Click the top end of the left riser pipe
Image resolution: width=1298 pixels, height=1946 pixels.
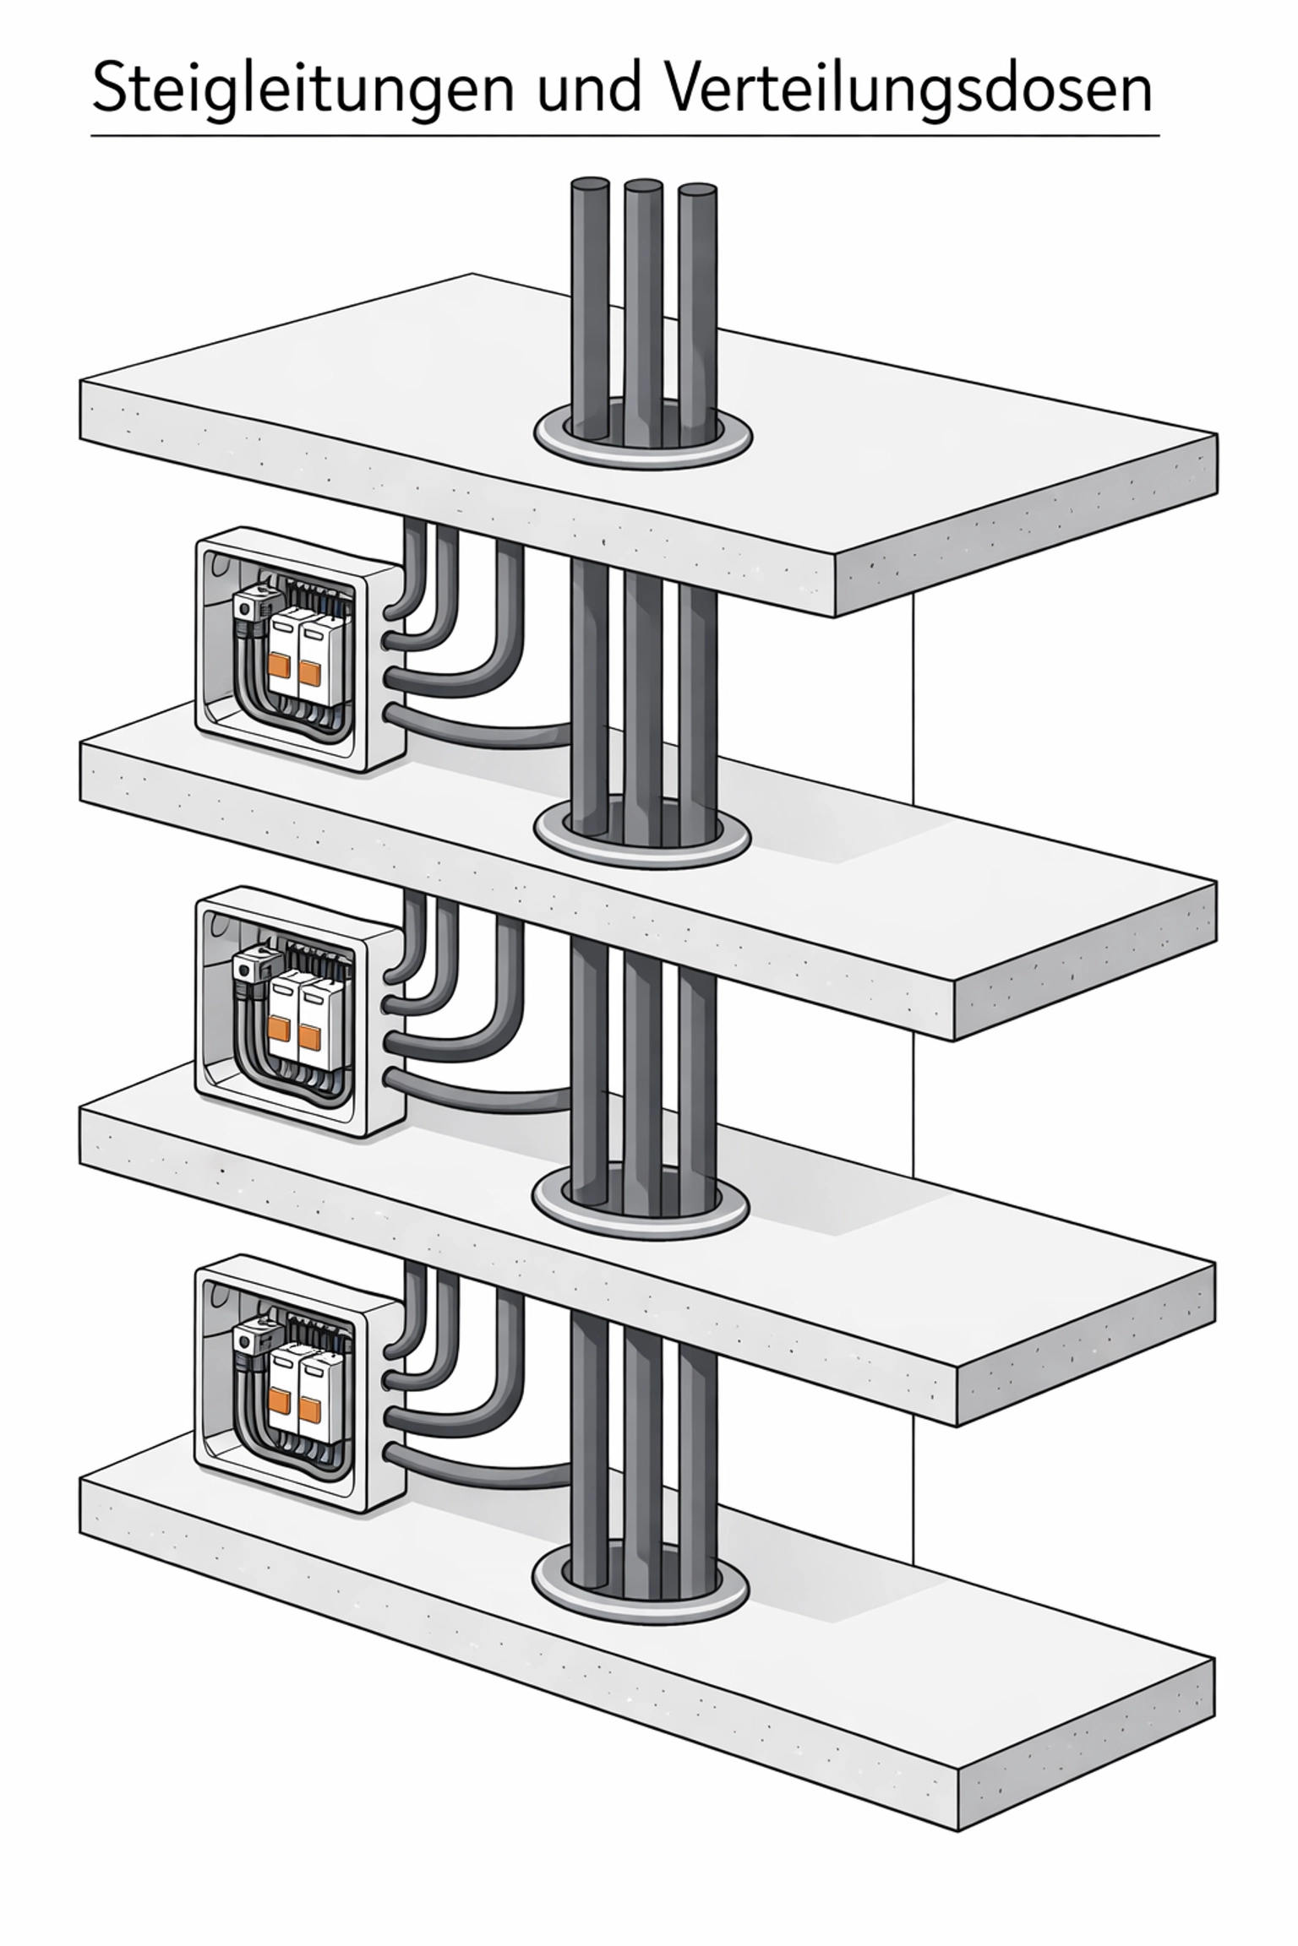[x=590, y=183]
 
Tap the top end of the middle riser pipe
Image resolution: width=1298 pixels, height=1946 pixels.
[x=643, y=185]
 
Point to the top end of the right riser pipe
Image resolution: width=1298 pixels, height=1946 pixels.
[x=697, y=188]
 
